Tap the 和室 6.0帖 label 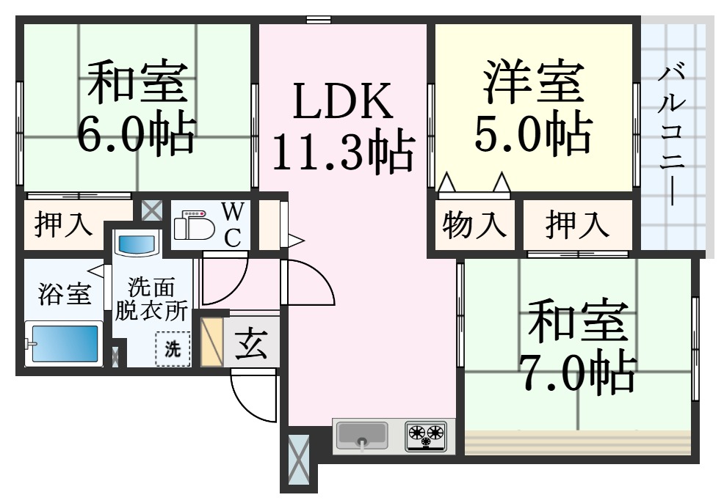(x=137, y=108)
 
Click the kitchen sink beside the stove (x=361, y=436)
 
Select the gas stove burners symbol (x=427, y=436)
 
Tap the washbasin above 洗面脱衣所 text (x=139, y=242)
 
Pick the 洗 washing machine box (x=173, y=350)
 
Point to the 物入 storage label (x=475, y=225)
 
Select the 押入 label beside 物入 (x=578, y=225)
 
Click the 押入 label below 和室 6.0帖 (x=65, y=225)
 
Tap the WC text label (x=232, y=225)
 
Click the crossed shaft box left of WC (x=151, y=211)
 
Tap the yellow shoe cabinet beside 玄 (x=212, y=341)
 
